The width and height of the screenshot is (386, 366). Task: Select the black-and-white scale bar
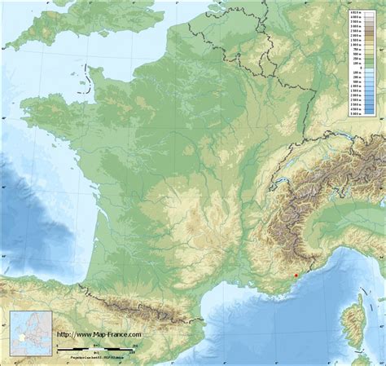[98, 350]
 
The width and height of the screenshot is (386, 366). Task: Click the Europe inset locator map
[31, 333]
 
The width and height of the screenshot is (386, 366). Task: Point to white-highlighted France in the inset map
[21, 335]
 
